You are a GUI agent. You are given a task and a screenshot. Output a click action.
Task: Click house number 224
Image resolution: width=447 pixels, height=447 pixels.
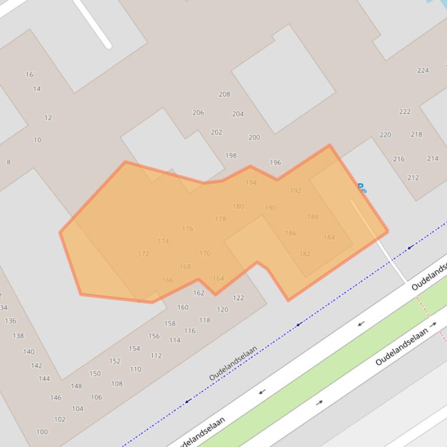(x=423, y=70)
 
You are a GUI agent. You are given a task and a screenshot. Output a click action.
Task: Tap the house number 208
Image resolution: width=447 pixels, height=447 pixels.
(x=224, y=94)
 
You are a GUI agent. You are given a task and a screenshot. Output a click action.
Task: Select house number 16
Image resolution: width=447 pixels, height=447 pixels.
(x=29, y=74)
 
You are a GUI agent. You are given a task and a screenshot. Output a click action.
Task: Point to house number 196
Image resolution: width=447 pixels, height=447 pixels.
(x=276, y=163)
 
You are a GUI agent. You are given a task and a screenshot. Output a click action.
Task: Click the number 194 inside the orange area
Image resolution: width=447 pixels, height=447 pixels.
(x=251, y=182)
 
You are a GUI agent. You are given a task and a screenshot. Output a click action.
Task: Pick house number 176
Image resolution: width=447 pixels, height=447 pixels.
(x=187, y=229)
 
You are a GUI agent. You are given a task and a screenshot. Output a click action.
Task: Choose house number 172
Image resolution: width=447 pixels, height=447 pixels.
(x=144, y=254)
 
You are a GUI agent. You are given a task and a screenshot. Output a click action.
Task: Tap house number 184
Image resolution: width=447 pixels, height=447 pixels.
(x=329, y=237)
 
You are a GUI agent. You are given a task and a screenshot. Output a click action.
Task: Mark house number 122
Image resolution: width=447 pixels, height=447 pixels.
(x=238, y=298)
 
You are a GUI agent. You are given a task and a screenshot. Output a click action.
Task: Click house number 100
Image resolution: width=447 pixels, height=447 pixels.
(x=42, y=432)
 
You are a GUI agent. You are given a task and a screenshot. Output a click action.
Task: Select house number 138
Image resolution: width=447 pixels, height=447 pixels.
(x=18, y=336)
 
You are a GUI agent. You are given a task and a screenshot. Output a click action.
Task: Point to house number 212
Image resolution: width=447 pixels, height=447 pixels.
(x=413, y=178)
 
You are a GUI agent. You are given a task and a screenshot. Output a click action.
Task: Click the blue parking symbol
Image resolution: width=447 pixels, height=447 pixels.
(x=361, y=188)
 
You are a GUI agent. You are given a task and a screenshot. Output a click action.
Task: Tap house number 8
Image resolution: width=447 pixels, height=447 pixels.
(x=8, y=162)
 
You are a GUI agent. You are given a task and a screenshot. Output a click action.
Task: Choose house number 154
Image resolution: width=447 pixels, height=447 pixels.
(x=134, y=348)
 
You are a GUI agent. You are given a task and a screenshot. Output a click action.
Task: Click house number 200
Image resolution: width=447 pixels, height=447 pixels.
(x=254, y=138)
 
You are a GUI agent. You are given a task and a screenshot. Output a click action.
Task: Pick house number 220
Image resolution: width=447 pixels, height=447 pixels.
(x=385, y=135)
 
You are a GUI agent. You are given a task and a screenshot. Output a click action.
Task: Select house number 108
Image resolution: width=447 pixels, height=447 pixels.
(x=117, y=384)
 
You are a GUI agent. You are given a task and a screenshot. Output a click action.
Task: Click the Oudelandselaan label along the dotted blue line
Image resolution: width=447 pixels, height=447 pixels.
(x=233, y=363)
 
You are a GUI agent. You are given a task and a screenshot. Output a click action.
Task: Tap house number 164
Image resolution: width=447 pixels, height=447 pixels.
(x=218, y=279)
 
